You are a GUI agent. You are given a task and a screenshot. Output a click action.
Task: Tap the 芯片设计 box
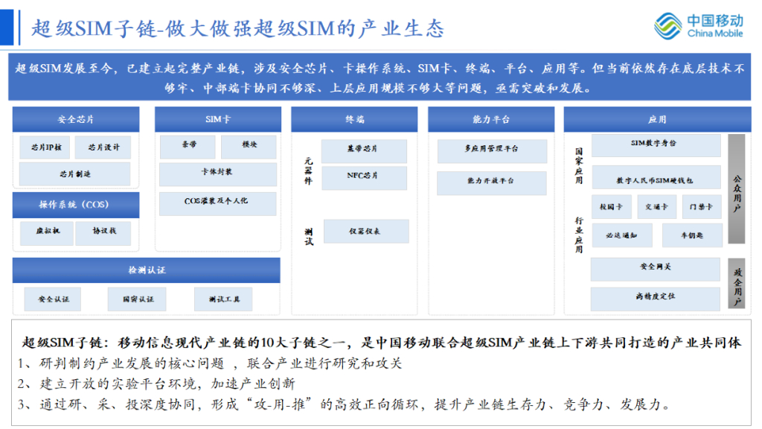pos(103,147)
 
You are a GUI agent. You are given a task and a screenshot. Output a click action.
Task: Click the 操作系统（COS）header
pos(75,205)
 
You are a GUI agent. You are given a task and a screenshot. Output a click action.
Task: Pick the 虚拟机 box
pos(46,232)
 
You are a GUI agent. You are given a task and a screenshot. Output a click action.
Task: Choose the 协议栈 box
pos(103,232)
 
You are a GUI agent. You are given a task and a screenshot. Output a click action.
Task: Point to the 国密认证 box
pos(138,299)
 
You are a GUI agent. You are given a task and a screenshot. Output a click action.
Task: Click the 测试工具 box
pos(223,299)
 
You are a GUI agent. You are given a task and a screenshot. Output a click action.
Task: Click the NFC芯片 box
pos(364,177)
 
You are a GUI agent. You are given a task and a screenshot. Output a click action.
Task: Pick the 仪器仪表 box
pos(365,231)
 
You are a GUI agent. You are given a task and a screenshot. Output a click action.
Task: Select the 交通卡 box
pos(656,206)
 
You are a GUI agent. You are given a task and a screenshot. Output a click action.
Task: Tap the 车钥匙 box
pos(691,235)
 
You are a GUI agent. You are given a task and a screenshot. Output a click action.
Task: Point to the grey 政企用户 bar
pos(737,283)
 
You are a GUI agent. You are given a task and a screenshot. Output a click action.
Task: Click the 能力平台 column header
pos(491,119)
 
